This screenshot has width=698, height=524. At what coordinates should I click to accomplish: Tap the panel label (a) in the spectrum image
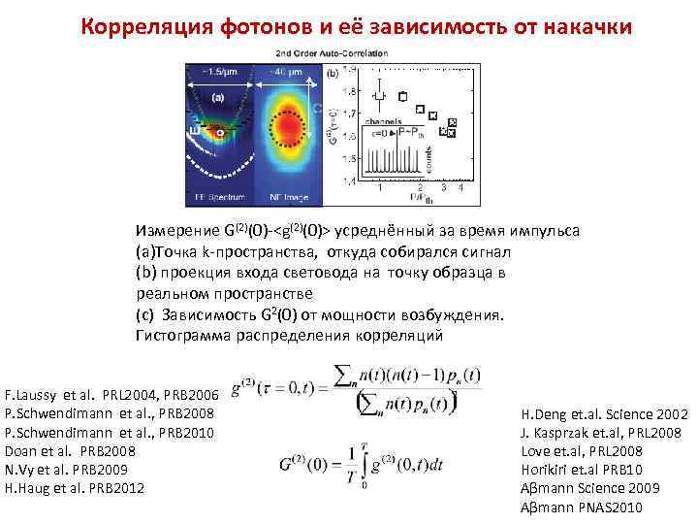point(219,98)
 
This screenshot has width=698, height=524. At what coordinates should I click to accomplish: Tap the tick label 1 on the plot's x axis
point(379,187)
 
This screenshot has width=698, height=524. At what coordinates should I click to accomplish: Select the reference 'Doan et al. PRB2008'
point(71,451)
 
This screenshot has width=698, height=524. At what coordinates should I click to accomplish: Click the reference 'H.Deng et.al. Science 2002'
point(604,414)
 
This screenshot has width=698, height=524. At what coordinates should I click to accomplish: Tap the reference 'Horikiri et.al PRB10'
point(579,470)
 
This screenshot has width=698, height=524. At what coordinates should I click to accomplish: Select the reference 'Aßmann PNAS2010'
point(581,507)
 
